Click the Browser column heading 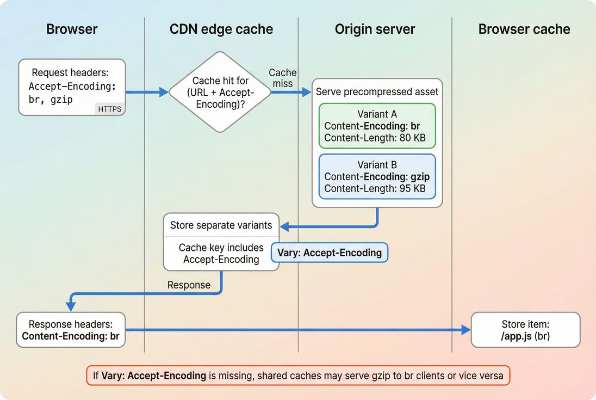coord(72,29)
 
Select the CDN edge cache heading coord(221,29)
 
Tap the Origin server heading coord(375,29)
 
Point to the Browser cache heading coord(524,29)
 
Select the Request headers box coord(72,87)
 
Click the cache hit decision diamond coord(220,92)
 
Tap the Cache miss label coord(283,78)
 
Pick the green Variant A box coord(377,126)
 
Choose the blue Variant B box coord(377,176)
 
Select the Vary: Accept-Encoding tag coord(330,253)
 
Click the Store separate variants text coord(221,225)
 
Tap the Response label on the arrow coord(189,285)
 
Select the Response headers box coord(71,330)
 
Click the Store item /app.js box coord(525,330)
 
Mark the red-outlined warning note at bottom coord(298,375)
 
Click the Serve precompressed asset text coord(377,92)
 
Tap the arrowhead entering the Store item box coord(465,330)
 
